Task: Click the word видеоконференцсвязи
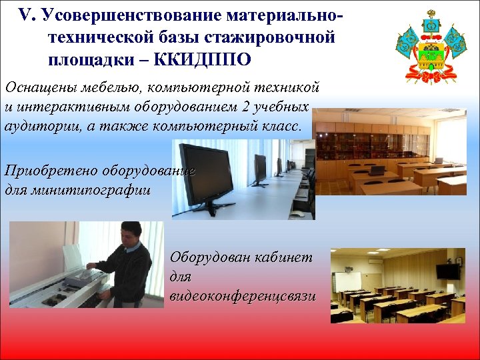click(243, 295)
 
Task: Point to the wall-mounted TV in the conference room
click(447, 271)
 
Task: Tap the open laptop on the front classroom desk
click(378, 171)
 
